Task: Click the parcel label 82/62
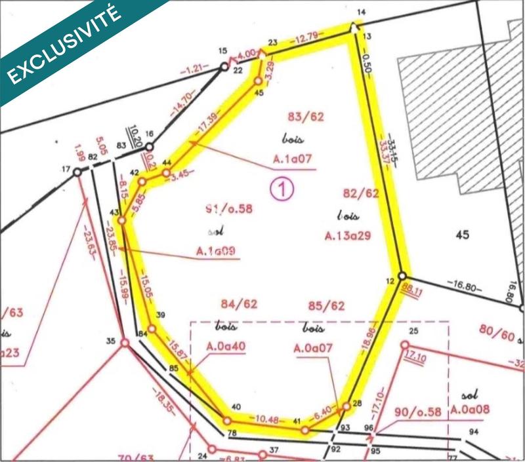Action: click(361, 193)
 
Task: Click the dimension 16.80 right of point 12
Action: click(465, 285)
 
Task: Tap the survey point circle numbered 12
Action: click(402, 277)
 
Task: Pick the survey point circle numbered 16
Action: click(149, 147)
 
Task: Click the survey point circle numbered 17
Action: click(77, 171)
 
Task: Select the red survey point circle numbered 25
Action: click(405, 345)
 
